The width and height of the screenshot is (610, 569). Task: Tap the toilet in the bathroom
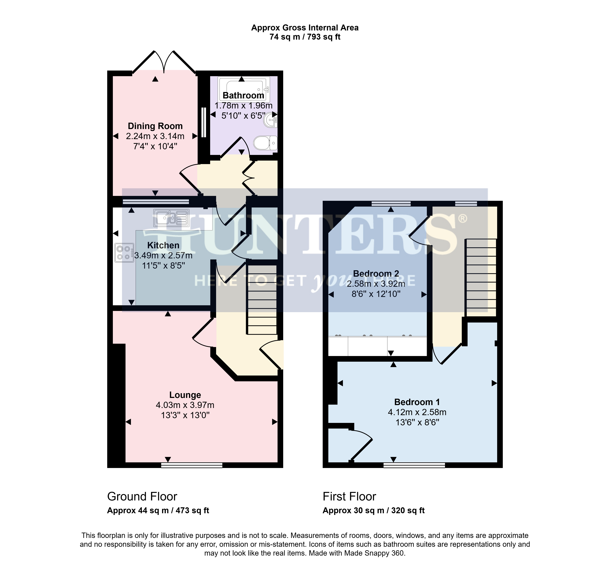click(265, 143)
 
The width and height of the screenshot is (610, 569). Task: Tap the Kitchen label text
click(163, 245)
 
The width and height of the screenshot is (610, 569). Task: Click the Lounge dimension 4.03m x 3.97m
click(185, 405)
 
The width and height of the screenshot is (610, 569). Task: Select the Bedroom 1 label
click(417, 402)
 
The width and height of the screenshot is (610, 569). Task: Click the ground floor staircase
click(262, 300)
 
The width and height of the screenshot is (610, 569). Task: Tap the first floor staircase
click(481, 278)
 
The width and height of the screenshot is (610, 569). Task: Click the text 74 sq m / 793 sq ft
click(305, 37)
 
